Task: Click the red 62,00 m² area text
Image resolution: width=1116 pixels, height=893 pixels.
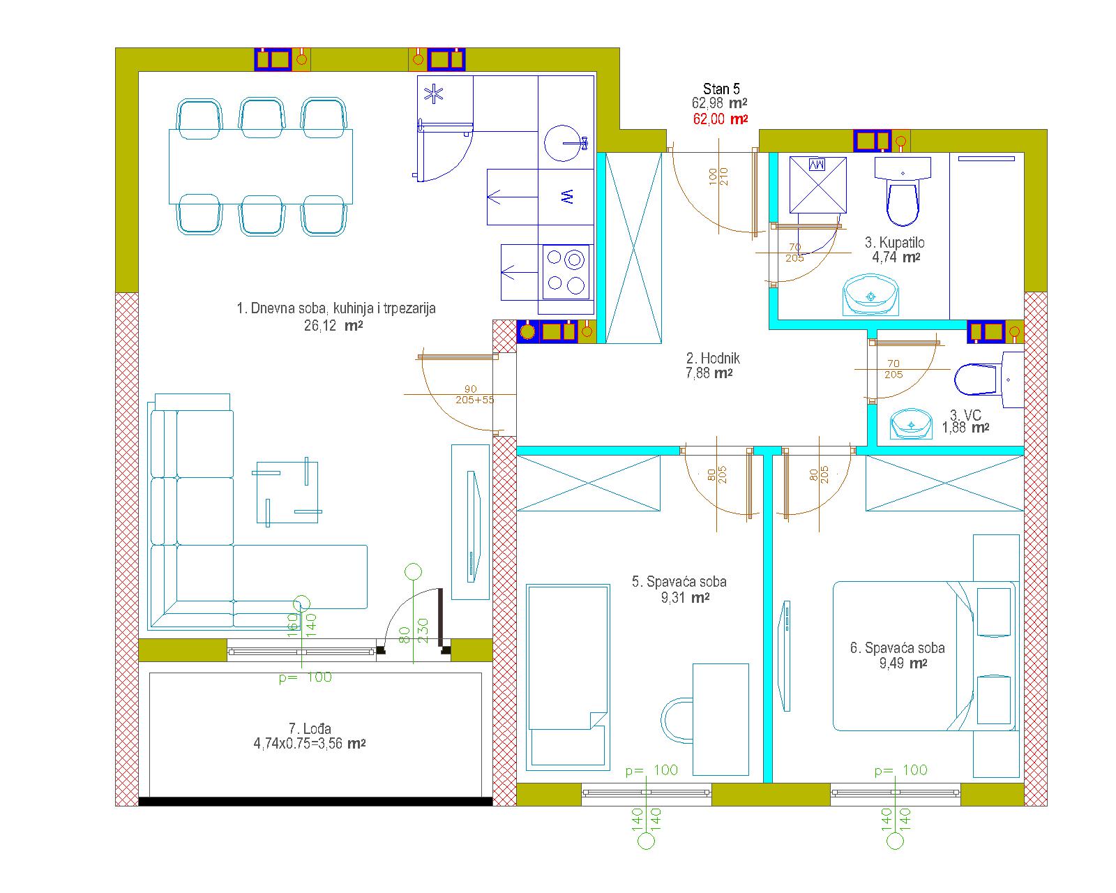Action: coord(721,119)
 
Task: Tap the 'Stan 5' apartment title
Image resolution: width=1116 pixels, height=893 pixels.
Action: coord(721,89)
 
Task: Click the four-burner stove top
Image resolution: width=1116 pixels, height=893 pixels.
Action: coord(566,272)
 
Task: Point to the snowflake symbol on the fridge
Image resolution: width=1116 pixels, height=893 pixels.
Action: coord(434,94)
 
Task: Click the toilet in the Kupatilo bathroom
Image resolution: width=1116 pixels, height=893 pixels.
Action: coord(903,191)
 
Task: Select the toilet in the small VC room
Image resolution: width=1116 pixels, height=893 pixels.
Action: coord(988,380)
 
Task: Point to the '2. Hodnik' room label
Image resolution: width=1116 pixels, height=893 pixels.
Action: coord(713,358)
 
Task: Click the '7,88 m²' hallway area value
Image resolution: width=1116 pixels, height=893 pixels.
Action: coord(709,373)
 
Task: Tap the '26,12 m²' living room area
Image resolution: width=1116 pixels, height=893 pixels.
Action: coord(333,326)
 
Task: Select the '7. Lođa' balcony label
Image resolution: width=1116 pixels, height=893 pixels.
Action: coord(310,728)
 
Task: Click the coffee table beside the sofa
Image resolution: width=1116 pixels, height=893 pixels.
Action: coord(287,491)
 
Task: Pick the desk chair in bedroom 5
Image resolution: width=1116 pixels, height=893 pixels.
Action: coord(677,721)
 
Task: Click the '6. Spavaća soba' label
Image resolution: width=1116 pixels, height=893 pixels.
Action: coord(897,648)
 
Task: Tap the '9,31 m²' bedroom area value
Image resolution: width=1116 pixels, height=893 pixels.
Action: coord(685,598)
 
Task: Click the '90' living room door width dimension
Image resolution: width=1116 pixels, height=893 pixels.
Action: coord(470,389)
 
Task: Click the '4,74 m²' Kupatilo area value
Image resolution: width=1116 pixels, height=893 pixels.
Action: coord(896,257)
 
